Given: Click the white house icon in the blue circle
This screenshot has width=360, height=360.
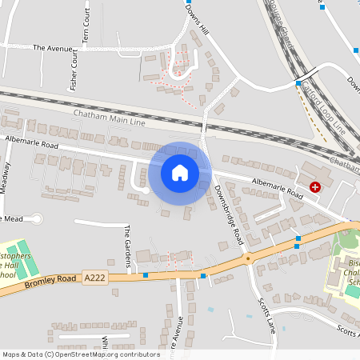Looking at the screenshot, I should tap(179, 172).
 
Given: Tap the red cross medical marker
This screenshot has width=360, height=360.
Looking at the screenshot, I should tap(315, 186).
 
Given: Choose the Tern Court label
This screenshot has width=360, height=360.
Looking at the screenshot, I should tap(86, 29).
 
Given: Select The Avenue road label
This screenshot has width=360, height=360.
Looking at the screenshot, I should tap(51, 47).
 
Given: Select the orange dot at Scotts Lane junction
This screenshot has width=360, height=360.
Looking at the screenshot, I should tap(248, 258).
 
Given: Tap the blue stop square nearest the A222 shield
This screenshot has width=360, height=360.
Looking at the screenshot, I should tap(146, 275).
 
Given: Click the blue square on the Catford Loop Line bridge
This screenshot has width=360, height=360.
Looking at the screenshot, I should tap(298, 83).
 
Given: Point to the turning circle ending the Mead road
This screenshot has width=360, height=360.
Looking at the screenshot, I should tap(36, 218).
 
